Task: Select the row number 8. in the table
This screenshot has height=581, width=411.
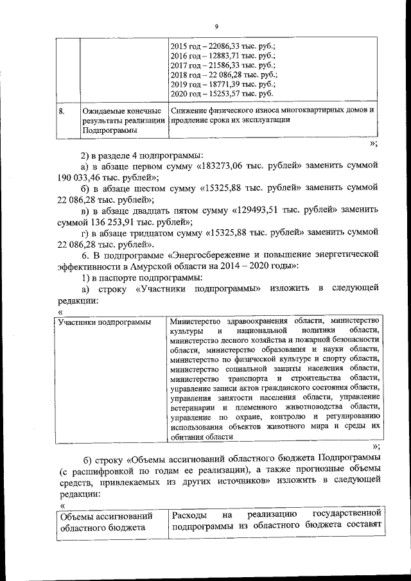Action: (x=62, y=111)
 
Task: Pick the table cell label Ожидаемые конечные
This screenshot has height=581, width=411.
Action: (x=116, y=111)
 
